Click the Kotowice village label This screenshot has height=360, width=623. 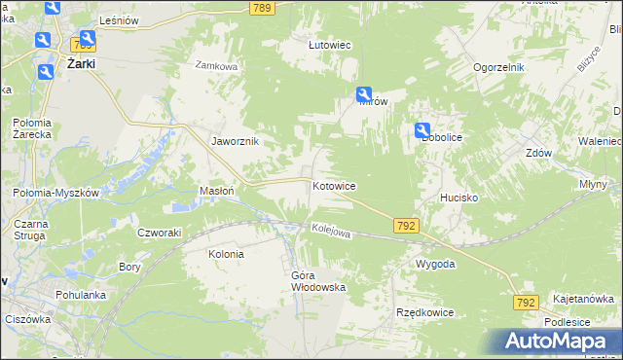click(333, 185)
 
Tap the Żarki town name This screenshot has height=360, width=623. click(86, 64)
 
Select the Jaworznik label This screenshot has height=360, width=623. click(236, 140)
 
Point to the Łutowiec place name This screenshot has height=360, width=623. click(329, 45)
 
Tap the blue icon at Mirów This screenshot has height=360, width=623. click(364, 94)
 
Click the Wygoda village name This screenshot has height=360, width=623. click(435, 265)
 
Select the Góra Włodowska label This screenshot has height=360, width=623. click(318, 281)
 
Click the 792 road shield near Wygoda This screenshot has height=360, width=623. click(408, 225)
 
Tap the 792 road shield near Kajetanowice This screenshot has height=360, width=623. click(527, 304)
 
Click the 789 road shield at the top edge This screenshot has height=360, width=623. click(260, 8)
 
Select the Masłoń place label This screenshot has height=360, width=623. click(216, 191)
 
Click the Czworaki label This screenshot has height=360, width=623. click(160, 233)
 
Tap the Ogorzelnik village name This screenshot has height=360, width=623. click(499, 67)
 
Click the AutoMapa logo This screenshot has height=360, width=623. click(559, 342)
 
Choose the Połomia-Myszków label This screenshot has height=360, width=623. click(56, 193)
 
